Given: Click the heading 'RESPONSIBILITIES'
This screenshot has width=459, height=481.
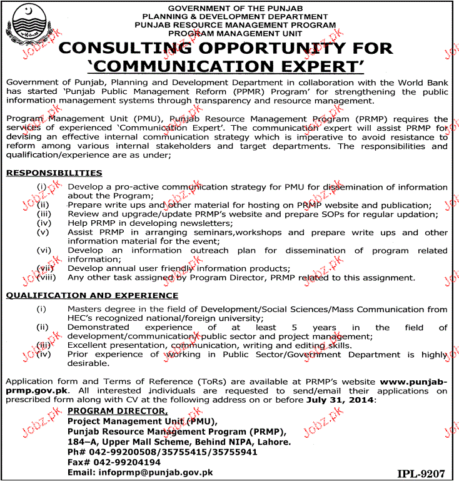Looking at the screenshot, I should coord(54,173).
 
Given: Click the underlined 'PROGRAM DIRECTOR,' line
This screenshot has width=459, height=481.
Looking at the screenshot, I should coord(118,410).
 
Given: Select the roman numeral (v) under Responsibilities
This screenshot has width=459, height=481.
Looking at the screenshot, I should coord(43,232).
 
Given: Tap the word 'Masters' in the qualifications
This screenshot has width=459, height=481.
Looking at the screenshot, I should coord(86,309).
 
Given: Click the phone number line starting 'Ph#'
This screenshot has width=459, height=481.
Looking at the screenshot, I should coord(163,451).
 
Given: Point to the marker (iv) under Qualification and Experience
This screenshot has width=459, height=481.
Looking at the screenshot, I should coord(43,354).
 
